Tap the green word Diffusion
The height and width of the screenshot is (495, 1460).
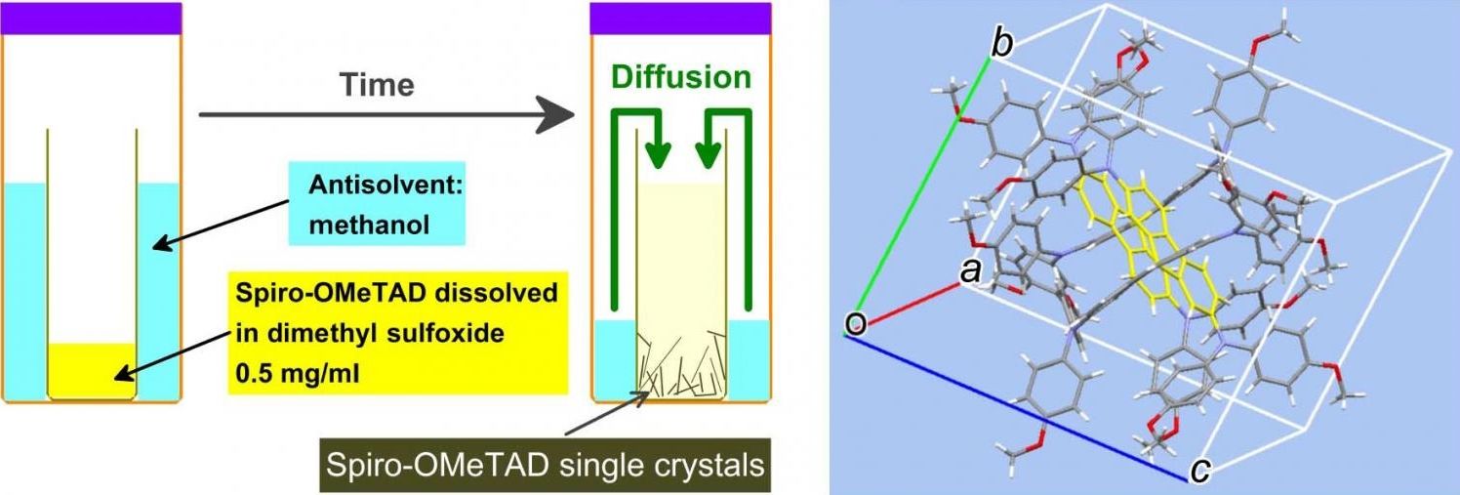click(682, 78)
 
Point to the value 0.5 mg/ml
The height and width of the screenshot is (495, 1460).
click(295, 371)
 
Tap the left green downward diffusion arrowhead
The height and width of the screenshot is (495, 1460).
click(660, 154)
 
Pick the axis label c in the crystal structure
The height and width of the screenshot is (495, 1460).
click(1202, 472)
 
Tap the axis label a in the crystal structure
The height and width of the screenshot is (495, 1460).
click(970, 272)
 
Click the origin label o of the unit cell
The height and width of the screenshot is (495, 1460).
click(855, 323)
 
